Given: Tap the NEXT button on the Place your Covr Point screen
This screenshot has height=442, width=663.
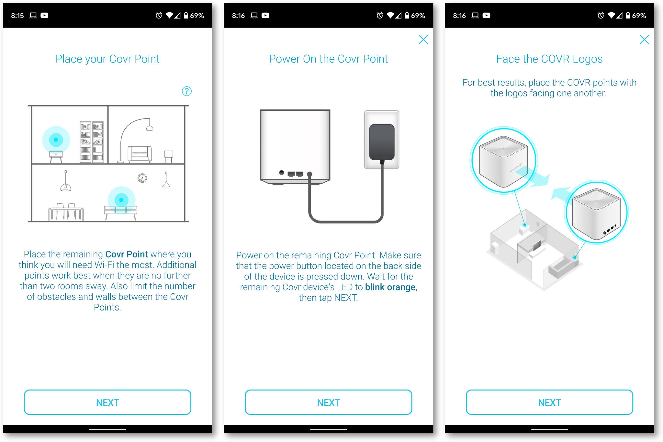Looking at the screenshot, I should (x=107, y=402).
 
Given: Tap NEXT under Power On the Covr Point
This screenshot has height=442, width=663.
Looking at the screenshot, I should (x=328, y=402).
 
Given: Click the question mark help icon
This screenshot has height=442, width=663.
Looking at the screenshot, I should (x=187, y=91).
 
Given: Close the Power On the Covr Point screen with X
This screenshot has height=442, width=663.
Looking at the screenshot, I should (x=423, y=40).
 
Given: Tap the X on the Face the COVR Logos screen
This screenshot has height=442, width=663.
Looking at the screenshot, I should (x=644, y=40).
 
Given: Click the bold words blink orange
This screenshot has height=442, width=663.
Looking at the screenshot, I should (x=390, y=287).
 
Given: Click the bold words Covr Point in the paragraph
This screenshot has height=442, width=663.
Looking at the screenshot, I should (x=127, y=254).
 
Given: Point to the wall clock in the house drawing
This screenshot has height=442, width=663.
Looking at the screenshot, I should (x=142, y=178).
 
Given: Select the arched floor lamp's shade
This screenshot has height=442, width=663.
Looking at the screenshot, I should (x=150, y=128).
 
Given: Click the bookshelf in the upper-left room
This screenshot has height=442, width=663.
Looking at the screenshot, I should (x=92, y=142).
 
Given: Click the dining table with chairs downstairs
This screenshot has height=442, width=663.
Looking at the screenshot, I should (x=66, y=213).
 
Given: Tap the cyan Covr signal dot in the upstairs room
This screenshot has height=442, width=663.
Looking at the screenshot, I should (x=56, y=140).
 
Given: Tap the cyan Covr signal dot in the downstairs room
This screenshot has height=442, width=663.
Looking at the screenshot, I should (x=121, y=200).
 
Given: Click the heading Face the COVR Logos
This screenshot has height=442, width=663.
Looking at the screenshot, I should (x=549, y=59).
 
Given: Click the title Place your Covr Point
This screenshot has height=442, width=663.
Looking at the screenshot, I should (x=107, y=59).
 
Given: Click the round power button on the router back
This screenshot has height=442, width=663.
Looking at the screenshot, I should (x=282, y=173).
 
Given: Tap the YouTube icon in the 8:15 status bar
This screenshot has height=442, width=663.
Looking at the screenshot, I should (x=44, y=15).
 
